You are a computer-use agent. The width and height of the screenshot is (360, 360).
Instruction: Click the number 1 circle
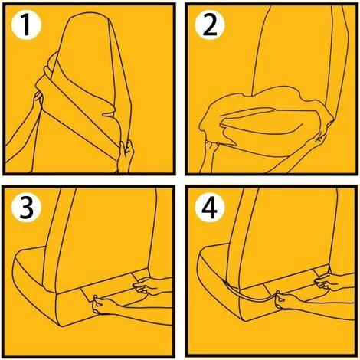[x=26, y=25]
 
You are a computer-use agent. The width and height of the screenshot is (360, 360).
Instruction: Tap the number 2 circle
[x=210, y=25]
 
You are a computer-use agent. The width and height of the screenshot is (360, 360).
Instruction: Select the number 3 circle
[x=27, y=208]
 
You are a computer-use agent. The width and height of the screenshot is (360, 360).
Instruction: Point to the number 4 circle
[x=210, y=208]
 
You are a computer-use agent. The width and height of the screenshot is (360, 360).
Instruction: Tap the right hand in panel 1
[x=127, y=152]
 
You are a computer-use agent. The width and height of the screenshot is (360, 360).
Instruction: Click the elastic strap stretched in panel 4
[x=251, y=296]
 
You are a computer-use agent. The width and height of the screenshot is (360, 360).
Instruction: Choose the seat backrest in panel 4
[x=286, y=230]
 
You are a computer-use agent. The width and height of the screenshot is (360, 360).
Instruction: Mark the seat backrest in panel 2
[x=293, y=51]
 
